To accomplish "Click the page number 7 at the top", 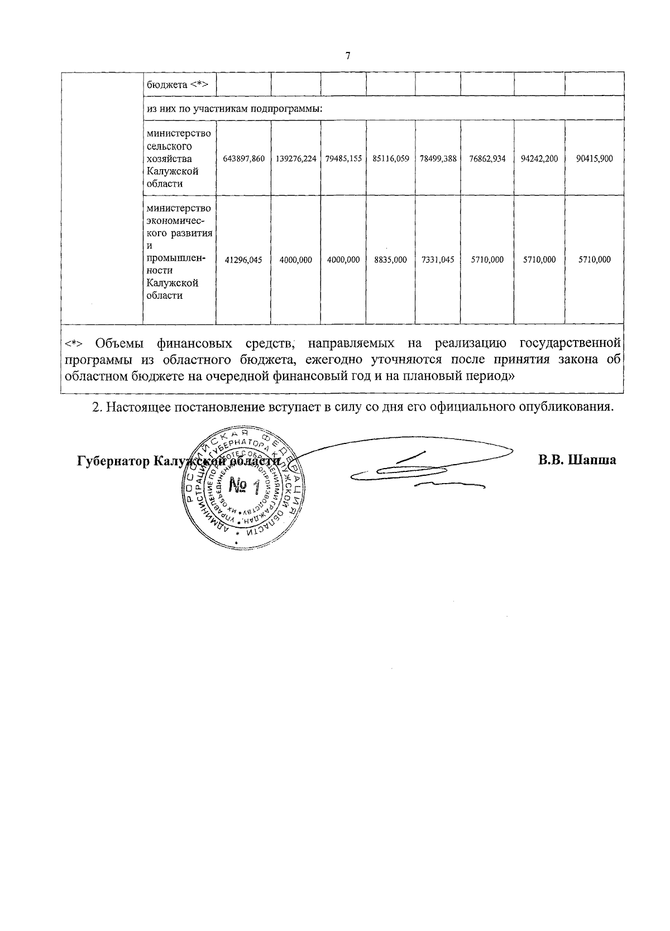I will tap(348, 55).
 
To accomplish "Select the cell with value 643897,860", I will tap(243, 159).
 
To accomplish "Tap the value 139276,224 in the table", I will tap(296, 159).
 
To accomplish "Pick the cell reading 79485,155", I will tap(344, 159).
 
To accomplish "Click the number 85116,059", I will tap(391, 159).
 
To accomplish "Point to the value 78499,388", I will tap(438, 159).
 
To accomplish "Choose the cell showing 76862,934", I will tap(487, 159).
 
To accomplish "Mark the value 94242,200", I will tap(539, 159).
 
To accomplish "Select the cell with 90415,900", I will tap(594, 159).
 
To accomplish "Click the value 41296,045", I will tap(243, 260).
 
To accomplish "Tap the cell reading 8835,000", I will tap(391, 260).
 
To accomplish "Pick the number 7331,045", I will tap(438, 260).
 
